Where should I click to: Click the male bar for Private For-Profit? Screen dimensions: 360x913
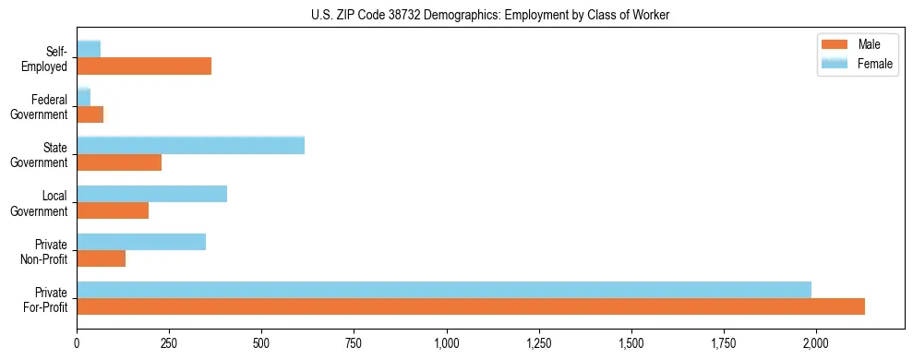[471, 306]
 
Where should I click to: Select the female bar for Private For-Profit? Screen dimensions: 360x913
[444, 290]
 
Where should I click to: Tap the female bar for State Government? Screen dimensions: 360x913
[190, 145]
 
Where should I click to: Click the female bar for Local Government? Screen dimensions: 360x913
[151, 194]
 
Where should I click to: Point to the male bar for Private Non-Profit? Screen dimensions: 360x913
[101, 258]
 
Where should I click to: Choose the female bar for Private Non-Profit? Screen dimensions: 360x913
[141, 242]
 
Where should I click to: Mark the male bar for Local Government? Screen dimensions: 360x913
[113, 210]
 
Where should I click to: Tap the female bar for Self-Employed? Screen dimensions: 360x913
[89, 49]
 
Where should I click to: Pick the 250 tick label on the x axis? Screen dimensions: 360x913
[169, 343]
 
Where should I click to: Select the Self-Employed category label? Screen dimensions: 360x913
[47, 58]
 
